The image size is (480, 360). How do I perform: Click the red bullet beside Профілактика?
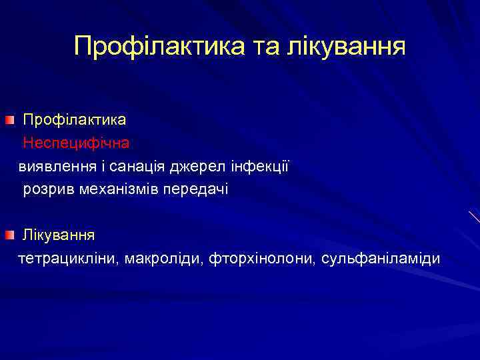[x=8, y=120]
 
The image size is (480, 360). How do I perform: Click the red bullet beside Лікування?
[x=8, y=235]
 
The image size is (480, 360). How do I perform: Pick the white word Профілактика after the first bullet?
[x=75, y=120]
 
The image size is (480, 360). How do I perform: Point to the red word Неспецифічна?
[x=76, y=143]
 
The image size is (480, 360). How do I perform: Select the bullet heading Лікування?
[x=59, y=235]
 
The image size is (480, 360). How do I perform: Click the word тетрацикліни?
[x=67, y=258]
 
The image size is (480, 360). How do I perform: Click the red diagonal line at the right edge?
[x=474, y=217]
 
